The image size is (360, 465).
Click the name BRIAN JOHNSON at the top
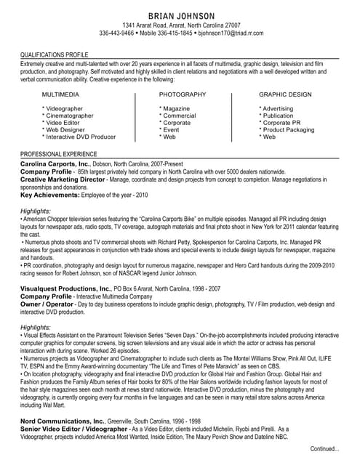181,16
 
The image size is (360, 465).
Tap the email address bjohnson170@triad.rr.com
231,33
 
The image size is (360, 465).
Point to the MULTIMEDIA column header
61,95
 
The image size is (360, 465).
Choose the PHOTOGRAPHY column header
182,95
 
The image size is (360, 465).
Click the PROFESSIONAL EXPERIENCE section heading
58,154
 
